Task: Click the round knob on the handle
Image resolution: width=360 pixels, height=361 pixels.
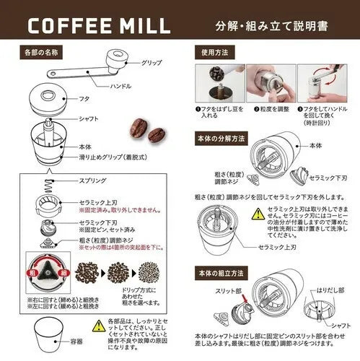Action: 115,55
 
